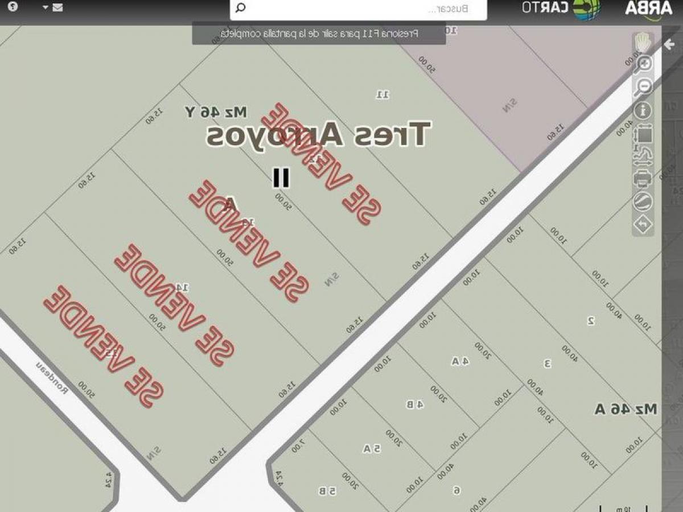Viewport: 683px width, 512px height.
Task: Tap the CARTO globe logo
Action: point(586,9)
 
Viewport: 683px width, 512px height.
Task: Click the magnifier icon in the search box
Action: point(241,8)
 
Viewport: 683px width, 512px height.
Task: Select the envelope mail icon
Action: point(57,8)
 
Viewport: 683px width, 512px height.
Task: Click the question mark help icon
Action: point(13,7)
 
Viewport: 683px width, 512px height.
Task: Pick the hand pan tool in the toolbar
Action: point(643,42)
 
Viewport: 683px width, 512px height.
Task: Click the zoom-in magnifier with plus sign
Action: point(644,64)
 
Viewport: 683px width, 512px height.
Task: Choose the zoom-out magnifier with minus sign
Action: point(644,86)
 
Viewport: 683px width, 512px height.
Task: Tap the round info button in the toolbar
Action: point(644,110)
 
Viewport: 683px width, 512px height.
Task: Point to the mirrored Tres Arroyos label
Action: point(319,135)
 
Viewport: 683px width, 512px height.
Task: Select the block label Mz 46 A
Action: point(626,408)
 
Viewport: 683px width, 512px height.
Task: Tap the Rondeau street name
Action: point(52,378)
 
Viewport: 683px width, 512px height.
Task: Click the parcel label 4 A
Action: point(460,361)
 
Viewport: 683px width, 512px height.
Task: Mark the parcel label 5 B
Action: point(327,490)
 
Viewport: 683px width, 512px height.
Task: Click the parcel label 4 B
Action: point(414,404)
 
